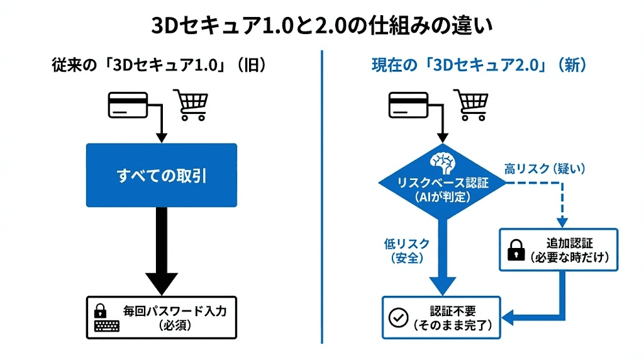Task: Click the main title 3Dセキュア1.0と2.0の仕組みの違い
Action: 321,26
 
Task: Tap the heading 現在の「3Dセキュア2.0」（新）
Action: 479,66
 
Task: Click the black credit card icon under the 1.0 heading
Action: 128,104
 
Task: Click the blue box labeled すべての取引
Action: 162,176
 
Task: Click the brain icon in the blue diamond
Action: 443,163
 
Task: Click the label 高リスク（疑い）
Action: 545,168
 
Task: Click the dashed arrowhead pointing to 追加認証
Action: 562,221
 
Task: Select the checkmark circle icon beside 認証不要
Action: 399,318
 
